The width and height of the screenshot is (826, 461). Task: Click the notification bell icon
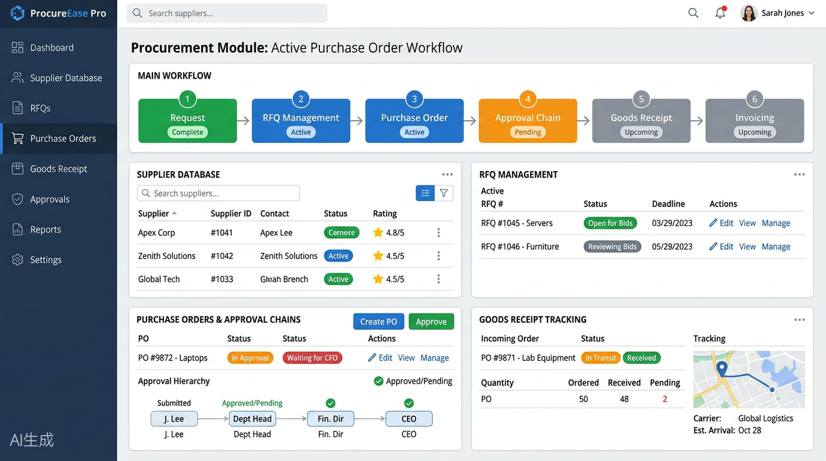720,13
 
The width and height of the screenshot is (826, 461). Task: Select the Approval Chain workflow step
528,121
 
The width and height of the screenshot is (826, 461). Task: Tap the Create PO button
378,322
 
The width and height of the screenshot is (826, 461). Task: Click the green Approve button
431,322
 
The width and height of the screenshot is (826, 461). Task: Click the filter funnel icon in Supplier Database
444,193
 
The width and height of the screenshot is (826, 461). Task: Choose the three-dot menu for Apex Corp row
438,232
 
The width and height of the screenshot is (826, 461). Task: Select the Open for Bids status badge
610,223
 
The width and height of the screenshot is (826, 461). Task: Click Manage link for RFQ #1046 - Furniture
776,246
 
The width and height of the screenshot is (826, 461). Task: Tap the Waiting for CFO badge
312,358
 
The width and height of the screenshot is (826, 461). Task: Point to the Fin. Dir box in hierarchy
330,418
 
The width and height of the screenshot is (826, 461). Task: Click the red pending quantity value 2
665,399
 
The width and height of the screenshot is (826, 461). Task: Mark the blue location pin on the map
722,369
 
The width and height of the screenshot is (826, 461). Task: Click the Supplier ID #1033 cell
222,279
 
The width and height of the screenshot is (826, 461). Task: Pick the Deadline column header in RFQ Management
668,204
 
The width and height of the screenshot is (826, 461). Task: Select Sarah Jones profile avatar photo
749,13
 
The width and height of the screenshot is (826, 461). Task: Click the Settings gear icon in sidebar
17,260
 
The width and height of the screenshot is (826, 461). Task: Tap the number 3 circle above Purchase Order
414,99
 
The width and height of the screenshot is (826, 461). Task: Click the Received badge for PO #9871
641,358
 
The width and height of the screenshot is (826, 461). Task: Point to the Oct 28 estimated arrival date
749,430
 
